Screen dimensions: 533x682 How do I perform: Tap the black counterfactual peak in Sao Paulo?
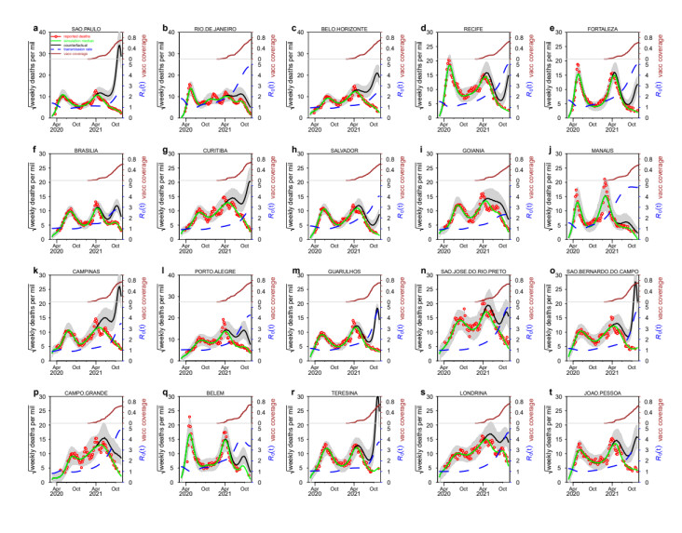[119, 48]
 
